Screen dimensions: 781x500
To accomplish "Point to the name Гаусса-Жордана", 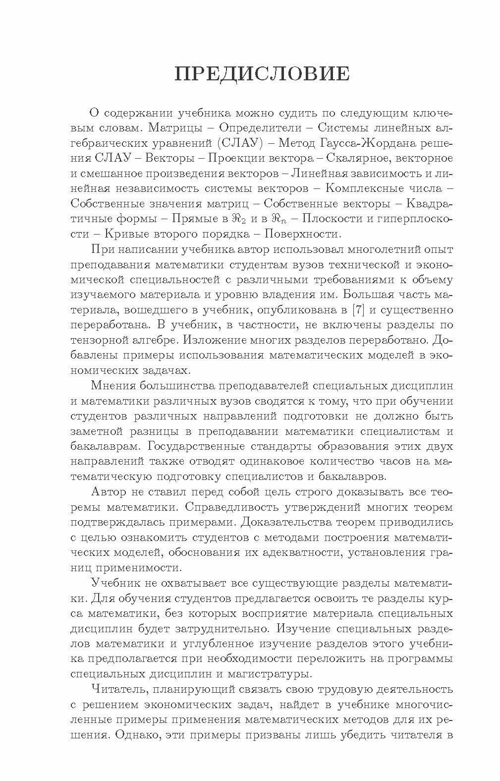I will (x=382, y=143).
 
